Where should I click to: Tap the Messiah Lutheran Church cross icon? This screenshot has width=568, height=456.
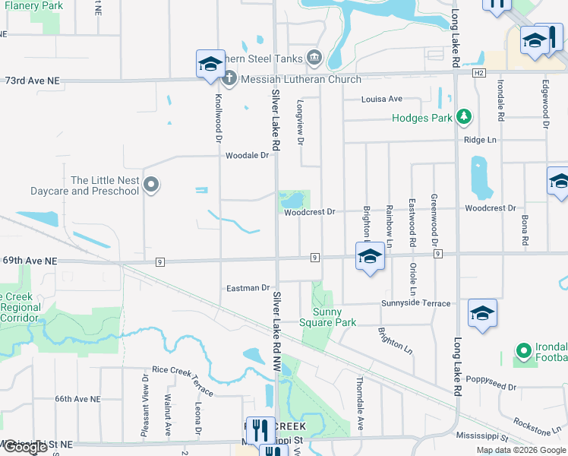point(229,78)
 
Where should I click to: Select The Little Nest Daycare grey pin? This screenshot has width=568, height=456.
point(151,184)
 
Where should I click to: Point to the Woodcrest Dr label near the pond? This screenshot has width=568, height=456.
point(309,212)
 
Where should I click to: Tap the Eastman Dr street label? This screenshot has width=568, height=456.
point(248,288)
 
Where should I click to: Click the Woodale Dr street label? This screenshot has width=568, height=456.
point(248,155)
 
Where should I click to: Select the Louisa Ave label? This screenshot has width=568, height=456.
point(381,99)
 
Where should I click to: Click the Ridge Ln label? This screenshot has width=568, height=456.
point(480,140)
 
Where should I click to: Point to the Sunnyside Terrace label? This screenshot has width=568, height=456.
point(415,303)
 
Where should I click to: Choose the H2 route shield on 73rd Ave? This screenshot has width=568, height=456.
point(478,73)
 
